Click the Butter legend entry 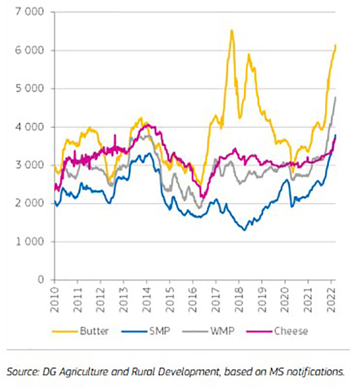pos(94,331)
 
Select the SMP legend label pos(159,331)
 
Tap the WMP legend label pos(222,331)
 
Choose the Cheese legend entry pos(291,331)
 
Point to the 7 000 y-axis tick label pos(29,12)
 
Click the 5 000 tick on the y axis pos(29,88)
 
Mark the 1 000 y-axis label pos(29,241)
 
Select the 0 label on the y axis pos(40,280)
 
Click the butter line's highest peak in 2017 pos(231,30)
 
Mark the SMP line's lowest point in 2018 pos(244,230)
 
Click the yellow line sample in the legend pos(65,331)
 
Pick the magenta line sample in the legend pos(259,331)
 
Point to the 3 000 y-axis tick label pos(29,165)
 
